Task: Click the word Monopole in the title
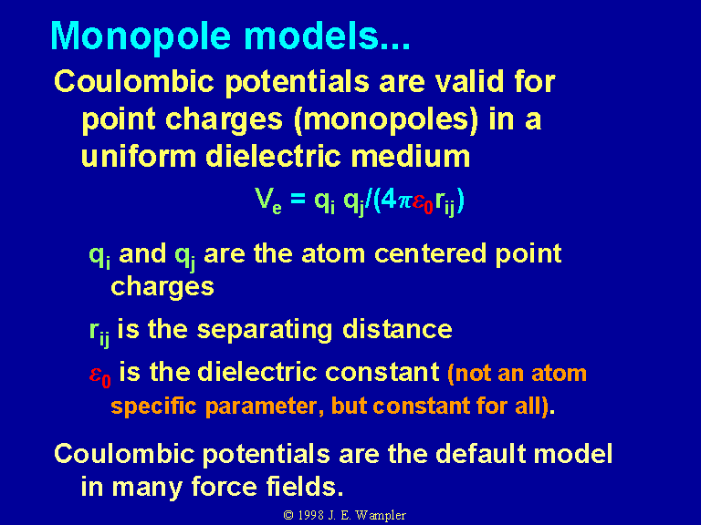[x=141, y=36]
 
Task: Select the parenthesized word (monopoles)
[x=386, y=119]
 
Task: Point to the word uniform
[x=139, y=156]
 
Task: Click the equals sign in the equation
[x=298, y=199]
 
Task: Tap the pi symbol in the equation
[x=404, y=201]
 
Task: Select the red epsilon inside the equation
[x=423, y=202]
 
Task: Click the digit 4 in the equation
[x=389, y=199]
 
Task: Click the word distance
[x=397, y=329]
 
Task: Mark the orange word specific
[x=153, y=407]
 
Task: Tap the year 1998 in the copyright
[x=310, y=515]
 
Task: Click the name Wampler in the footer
[x=381, y=516]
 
